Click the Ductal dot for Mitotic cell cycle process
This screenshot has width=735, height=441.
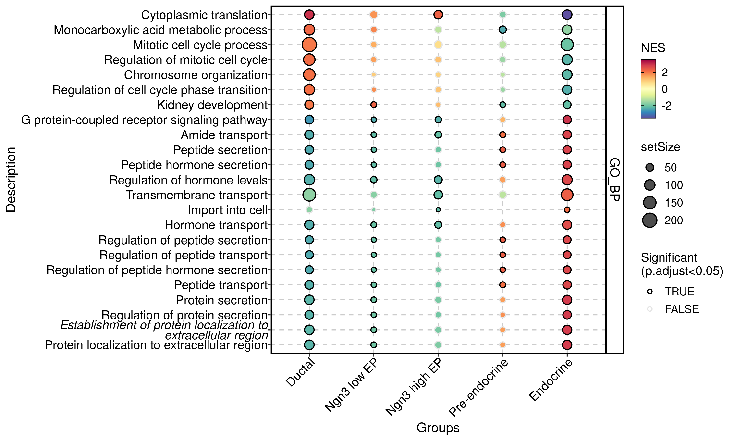(x=309, y=45)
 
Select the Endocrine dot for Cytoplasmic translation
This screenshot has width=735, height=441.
(x=567, y=14)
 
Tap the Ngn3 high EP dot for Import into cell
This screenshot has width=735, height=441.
(x=438, y=210)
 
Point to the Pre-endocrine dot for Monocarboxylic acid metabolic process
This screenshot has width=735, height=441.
(x=502, y=30)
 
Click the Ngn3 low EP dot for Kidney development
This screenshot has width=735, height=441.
(x=373, y=105)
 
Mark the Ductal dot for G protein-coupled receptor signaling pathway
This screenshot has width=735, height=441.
(x=309, y=120)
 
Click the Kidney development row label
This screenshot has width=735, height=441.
(x=212, y=105)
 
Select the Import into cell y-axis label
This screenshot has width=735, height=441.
(x=228, y=210)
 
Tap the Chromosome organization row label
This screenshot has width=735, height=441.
(x=196, y=75)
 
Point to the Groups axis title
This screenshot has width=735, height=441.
(x=438, y=428)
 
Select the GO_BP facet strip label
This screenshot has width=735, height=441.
(x=614, y=180)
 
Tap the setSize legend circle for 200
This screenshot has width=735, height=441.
(x=650, y=220)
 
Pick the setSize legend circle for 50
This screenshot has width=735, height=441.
(x=650, y=168)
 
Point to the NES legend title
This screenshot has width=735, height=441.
(x=653, y=48)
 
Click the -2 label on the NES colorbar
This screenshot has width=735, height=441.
(x=666, y=106)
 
